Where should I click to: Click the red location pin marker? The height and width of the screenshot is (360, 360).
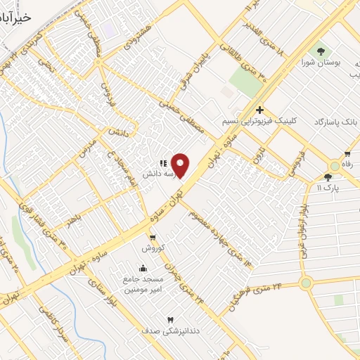pyautogui.click(x=181, y=165)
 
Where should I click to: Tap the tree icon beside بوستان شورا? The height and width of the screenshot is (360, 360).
pyautogui.click(x=321, y=51)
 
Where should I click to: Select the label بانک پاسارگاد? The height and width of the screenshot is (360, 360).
pyautogui.click(x=333, y=122)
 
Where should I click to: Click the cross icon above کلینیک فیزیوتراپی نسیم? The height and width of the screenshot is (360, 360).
pyautogui.click(x=259, y=110)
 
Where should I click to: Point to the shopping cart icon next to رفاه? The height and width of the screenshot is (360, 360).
pyautogui.click(x=347, y=155)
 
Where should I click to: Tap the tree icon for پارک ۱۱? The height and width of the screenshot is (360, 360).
pyautogui.click(x=328, y=177)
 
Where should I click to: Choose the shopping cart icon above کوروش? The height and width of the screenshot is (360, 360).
pyautogui.click(x=153, y=238)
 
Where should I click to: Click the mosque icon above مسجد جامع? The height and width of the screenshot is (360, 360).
pyautogui.click(x=143, y=268)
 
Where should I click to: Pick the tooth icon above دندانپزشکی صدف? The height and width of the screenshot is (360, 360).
pyautogui.click(x=169, y=320)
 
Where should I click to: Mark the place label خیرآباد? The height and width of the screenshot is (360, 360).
pyautogui.click(x=15, y=15)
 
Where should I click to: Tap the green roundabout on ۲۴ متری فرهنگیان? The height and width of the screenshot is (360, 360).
pyautogui.click(x=306, y=283)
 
